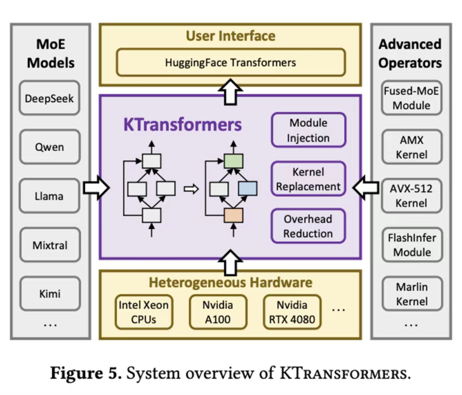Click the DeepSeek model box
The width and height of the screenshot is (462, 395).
click(49, 98)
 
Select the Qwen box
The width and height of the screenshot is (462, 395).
click(49, 147)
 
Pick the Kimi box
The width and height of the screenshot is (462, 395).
click(49, 294)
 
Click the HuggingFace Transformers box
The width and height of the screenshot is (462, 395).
click(231, 62)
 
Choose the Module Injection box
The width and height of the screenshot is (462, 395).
click(308, 130)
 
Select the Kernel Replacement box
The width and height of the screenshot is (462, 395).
click(308, 179)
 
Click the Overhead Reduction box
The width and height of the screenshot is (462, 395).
click(308, 226)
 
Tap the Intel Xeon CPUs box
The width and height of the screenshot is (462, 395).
click(144, 312)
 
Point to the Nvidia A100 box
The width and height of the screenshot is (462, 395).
click(218, 312)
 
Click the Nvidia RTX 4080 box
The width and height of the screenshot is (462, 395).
click(292, 312)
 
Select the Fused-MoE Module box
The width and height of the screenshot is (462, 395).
click(411, 98)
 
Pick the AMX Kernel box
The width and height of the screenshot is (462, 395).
click(411, 147)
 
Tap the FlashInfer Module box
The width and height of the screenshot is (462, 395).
click(411, 245)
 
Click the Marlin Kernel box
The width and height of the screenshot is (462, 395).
click(411, 294)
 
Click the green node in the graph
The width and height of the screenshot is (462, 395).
click(234, 161)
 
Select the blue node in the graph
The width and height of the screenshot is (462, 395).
click(247, 189)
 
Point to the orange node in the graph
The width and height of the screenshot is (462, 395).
click(234, 216)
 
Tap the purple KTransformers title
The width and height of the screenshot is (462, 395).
click(182, 125)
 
